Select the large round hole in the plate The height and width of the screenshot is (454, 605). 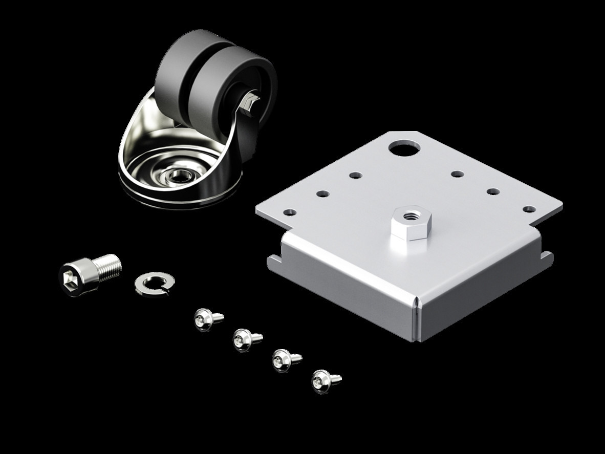[x=404, y=148]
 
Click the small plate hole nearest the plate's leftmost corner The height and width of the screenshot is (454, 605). [x=290, y=211]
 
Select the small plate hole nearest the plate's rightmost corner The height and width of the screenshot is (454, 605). [x=529, y=209]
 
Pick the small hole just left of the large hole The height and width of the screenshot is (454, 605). [x=356, y=176]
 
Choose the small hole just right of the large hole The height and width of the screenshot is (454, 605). [x=457, y=174]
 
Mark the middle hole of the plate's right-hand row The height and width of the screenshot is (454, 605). [x=493, y=191]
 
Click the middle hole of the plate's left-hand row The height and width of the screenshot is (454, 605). [x=322, y=193]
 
